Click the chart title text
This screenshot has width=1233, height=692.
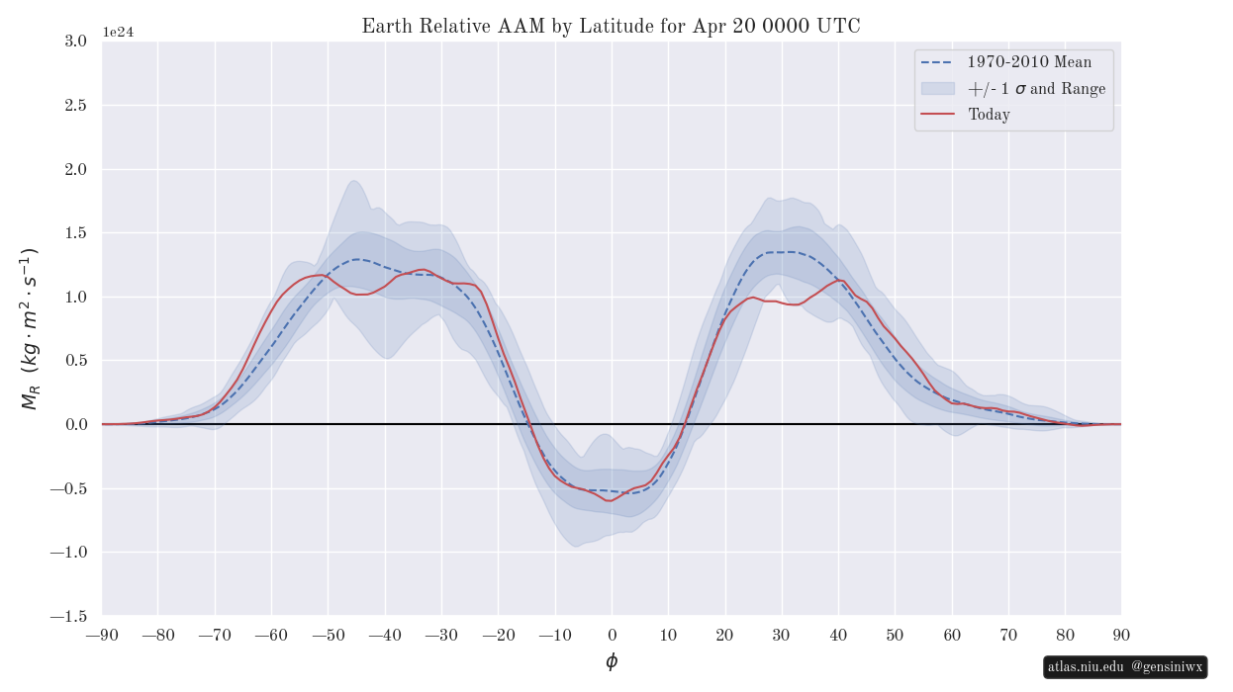coord(611,26)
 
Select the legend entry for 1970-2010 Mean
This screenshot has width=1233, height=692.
coord(1029,62)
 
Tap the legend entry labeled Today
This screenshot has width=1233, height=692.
coord(989,115)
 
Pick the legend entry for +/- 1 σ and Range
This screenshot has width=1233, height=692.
coord(1036,89)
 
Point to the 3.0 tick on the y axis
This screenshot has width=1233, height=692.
coord(75,41)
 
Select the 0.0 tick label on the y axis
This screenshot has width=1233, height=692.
coord(75,424)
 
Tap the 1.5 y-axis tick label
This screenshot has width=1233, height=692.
coord(75,233)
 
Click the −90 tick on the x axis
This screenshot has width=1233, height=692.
coord(102,635)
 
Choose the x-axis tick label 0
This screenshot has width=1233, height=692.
coord(612,635)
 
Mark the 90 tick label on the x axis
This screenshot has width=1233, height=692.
coord(1121,635)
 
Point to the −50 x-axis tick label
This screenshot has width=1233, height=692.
coord(329,635)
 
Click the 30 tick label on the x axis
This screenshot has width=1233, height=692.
coord(782,635)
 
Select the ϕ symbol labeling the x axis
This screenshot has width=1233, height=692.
coord(612,661)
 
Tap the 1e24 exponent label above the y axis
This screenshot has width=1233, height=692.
coord(118,32)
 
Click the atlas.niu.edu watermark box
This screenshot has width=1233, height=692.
coord(1125,667)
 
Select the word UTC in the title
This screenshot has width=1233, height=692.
coord(838,26)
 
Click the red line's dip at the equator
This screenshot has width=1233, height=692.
coord(609,501)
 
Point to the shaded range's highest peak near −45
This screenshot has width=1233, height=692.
coord(352,181)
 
